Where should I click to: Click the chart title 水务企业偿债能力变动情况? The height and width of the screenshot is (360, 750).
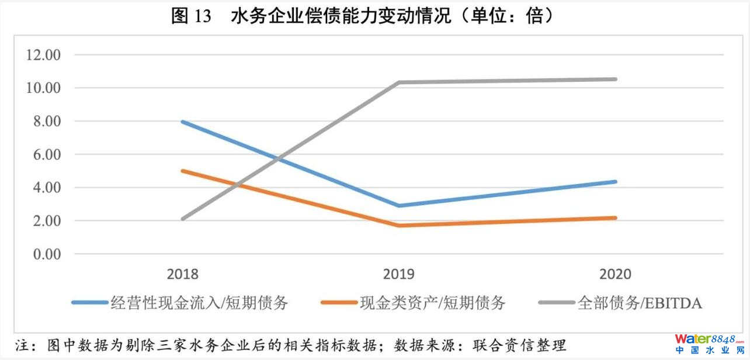[x=362, y=16]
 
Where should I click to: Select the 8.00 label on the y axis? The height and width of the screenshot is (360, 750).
[x=47, y=122]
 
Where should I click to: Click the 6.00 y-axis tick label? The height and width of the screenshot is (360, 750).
[x=47, y=155]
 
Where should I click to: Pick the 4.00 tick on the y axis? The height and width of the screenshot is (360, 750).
[x=47, y=188]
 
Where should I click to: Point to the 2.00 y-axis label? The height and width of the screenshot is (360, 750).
[x=47, y=221]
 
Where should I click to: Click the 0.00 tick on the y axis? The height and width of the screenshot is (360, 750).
[x=47, y=255]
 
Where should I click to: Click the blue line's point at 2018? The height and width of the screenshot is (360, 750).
[x=183, y=122]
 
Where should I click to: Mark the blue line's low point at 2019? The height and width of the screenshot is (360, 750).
[x=399, y=206]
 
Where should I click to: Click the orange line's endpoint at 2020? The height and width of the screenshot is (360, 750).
[x=615, y=218]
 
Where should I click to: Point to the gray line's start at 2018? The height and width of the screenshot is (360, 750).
[x=183, y=219]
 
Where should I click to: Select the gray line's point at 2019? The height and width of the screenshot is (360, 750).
[x=399, y=82]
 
